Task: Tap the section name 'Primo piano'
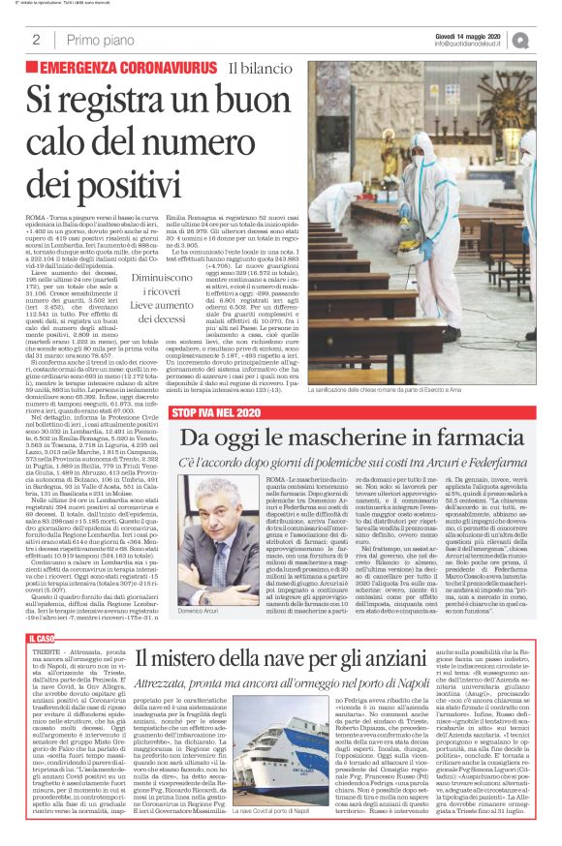(x=96, y=41)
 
